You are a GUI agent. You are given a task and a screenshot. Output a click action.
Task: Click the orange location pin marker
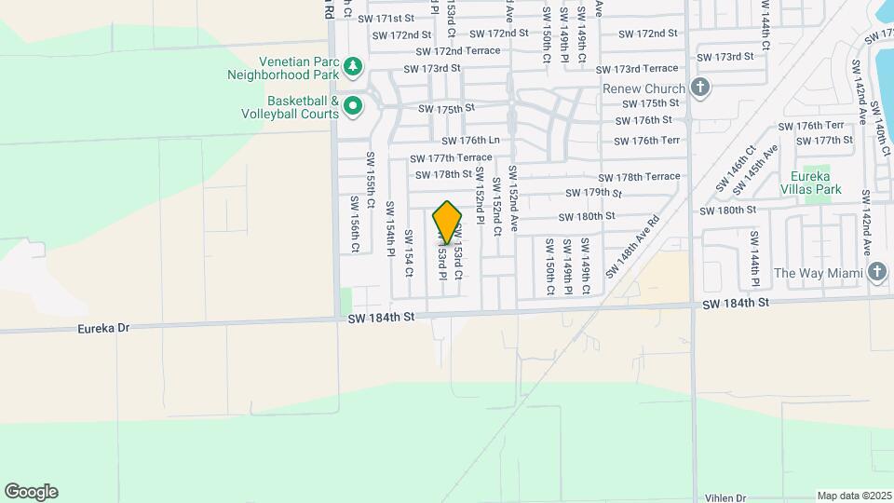(447, 223)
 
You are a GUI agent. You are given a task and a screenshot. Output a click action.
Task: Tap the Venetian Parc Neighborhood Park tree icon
(352, 66)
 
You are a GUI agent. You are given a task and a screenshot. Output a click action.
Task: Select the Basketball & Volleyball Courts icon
(352, 107)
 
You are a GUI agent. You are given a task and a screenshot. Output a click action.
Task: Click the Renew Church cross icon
(701, 88)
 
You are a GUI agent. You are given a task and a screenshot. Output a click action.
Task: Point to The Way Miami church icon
(875, 272)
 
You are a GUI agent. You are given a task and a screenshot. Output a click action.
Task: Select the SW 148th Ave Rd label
(632, 247)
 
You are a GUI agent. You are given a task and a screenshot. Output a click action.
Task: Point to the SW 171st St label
(386, 19)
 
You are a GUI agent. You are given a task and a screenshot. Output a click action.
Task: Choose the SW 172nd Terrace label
(458, 51)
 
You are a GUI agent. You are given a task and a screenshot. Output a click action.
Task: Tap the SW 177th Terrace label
(451, 157)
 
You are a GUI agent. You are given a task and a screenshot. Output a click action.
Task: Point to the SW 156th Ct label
(355, 224)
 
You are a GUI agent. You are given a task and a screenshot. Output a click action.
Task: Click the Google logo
(31, 492)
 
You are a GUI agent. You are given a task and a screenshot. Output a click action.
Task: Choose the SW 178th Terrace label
(639, 176)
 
